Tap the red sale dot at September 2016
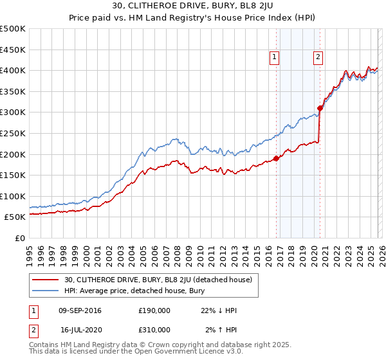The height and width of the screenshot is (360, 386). tap(276, 158)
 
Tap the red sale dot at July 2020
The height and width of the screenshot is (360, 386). tap(320, 108)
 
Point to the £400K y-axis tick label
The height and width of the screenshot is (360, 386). tap(13, 70)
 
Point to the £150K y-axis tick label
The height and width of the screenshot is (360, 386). tap(13, 175)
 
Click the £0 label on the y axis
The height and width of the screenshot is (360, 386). tap(20, 238)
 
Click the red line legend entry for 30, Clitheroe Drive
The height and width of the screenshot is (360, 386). tap(161, 280)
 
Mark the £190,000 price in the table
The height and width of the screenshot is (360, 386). tap(154, 310)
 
